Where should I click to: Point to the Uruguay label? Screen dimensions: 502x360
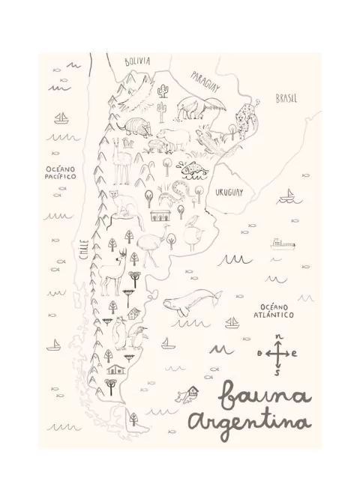pyautogui.click(x=229, y=193)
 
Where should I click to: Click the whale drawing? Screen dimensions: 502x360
pyautogui.click(x=190, y=303)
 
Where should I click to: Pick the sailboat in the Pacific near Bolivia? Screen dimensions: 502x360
pyautogui.click(x=58, y=119)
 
